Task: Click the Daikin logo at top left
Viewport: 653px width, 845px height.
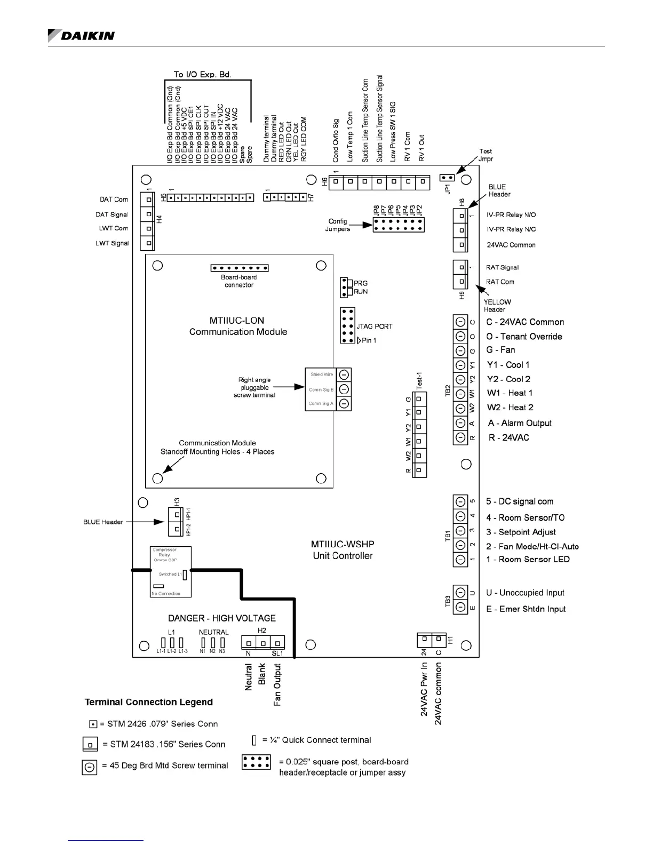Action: (81, 35)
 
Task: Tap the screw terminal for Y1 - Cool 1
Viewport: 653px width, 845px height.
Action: (460, 365)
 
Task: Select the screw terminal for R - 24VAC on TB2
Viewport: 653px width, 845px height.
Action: (460, 437)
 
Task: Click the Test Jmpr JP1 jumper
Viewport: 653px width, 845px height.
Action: (447, 178)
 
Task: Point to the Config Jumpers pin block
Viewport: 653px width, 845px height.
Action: (398, 225)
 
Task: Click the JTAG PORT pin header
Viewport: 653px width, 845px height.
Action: (347, 325)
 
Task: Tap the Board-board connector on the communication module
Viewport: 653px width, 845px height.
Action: (240, 268)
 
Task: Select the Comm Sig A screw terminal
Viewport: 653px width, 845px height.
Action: (344, 403)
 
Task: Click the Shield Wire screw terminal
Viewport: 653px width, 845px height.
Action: (344, 374)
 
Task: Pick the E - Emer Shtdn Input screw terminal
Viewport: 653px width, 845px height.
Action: (460, 607)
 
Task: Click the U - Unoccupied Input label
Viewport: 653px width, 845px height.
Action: (525, 593)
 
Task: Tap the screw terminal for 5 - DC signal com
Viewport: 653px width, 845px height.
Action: (460, 502)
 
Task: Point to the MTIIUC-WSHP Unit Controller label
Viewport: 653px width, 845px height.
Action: (343, 550)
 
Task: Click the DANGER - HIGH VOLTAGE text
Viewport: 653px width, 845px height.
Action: (222, 618)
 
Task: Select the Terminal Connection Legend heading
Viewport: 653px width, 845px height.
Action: (149, 702)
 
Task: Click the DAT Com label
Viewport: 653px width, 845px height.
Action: (114, 200)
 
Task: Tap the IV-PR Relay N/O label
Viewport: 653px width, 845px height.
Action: (511, 215)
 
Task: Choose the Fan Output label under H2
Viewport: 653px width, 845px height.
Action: (277, 685)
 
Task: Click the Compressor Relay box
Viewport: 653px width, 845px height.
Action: (171, 571)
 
